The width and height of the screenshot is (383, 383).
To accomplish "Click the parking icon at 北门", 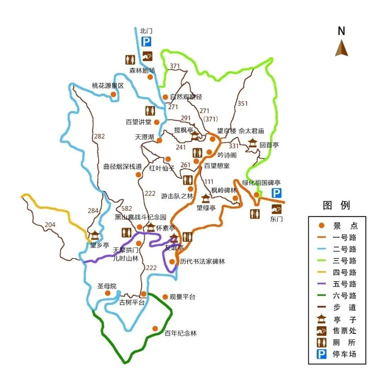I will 146,42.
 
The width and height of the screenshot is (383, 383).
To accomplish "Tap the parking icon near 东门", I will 277,193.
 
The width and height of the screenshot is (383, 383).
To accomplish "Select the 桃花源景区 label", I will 108,86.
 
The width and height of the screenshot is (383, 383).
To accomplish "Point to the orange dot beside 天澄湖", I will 160,140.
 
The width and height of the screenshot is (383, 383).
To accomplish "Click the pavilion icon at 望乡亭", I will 95,235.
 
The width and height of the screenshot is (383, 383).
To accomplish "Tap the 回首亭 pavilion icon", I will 252,143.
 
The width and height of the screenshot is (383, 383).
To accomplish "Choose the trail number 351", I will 243,104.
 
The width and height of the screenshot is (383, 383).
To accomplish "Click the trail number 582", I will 126,209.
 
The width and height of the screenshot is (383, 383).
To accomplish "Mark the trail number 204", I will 50,224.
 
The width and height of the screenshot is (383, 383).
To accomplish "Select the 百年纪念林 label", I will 181,333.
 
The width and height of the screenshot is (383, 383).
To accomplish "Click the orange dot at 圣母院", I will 108,293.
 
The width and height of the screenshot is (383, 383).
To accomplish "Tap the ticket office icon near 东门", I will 277,209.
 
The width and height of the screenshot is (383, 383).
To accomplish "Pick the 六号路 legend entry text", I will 345,296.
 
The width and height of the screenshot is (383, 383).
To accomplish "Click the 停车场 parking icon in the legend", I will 321,354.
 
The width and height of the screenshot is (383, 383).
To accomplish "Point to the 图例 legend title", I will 336,205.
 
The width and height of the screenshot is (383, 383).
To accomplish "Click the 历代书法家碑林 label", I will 202,262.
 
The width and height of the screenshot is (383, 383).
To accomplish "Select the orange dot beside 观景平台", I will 165,296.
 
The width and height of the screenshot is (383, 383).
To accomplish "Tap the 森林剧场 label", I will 142,70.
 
